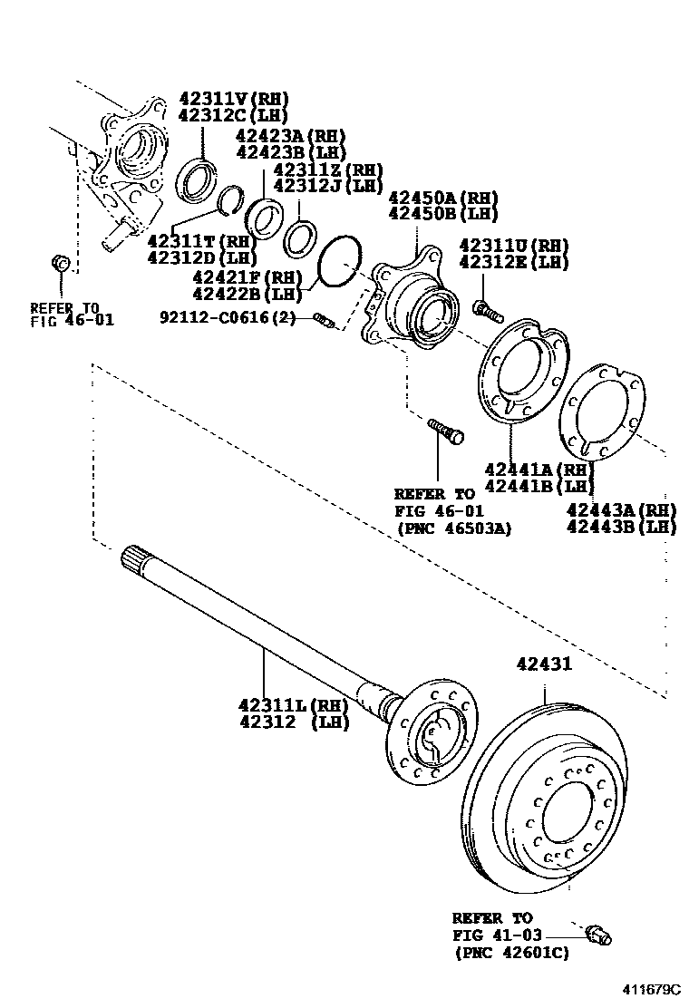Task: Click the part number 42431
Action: (x=544, y=664)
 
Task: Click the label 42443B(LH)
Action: (x=622, y=527)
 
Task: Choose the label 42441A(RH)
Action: (x=538, y=470)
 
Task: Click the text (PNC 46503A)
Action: (x=452, y=528)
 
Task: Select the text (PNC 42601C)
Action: (x=510, y=952)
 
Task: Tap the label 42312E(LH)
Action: (x=513, y=263)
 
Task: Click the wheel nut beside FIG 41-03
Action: (x=599, y=934)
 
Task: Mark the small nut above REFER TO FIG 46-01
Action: (x=61, y=263)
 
